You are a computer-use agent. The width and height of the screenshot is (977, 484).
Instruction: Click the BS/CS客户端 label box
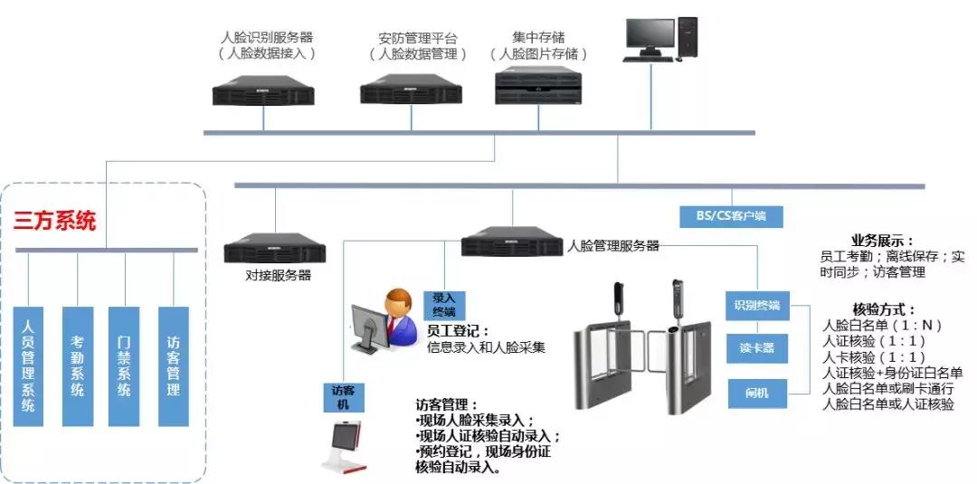pos(731,216)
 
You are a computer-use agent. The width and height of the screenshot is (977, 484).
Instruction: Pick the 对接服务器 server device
pos(274,249)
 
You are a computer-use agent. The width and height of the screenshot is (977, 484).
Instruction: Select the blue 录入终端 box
pos(443,303)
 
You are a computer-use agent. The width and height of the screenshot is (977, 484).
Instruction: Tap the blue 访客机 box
pos(343,397)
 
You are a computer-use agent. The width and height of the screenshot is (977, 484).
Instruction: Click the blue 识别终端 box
pos(757,305)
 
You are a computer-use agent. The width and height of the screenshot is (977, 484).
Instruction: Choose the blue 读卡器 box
pos(757,347)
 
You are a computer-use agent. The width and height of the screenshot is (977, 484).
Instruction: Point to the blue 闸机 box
pos(757,393)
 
